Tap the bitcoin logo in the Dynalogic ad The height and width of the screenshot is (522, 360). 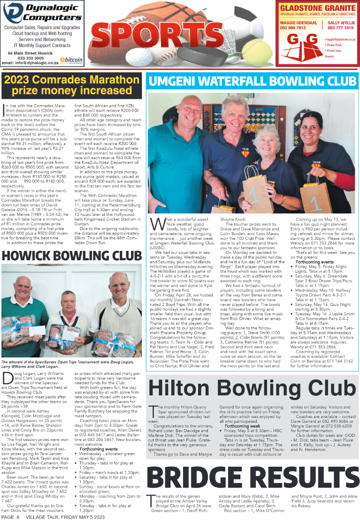click(72, 60)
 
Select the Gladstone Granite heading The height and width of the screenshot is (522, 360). click(317, 8)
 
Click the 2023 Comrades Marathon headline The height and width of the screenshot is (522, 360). click(72, 84)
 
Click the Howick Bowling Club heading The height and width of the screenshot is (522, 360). click(72, 255)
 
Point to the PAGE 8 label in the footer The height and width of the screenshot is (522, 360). click(10, 517)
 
